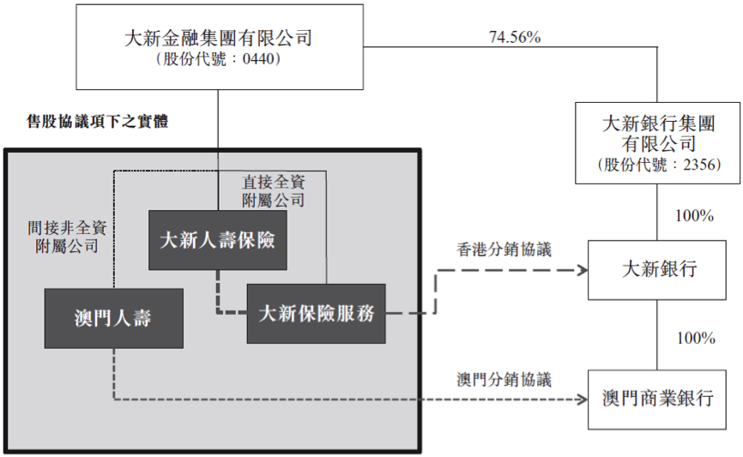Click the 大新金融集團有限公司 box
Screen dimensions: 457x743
point(217,47)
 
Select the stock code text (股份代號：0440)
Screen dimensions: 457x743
point(218,60)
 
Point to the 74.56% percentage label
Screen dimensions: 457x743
point(514,38)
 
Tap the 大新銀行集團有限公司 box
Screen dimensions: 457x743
point(658,141)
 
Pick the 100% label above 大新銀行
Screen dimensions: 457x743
point(694,216)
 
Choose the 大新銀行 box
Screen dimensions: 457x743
point(659,270)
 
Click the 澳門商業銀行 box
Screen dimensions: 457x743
point(659,399)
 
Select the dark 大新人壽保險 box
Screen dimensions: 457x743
point(217,240)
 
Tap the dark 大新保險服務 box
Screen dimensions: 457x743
point(317,313)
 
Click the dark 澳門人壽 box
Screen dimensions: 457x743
point(113,317)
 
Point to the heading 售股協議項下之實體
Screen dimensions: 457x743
point(98,122)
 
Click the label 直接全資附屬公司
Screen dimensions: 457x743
point(274,191)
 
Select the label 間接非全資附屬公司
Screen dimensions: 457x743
point(67,238)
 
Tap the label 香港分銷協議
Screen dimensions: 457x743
point(504,250)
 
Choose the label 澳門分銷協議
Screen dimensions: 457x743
point(504,379)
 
